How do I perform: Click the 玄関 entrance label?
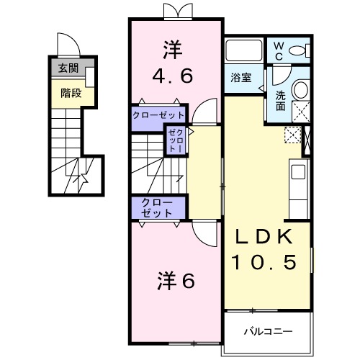pyautogui.click(x=68, y=70)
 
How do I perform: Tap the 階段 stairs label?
pyautogui.click(x=71, y=92)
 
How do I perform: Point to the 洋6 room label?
pyautogui.click(x=176, y=282)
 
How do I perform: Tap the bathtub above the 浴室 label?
pyautogui.click(x=244, y=52)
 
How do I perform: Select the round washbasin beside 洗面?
pyautogui.click(x=301, y=90)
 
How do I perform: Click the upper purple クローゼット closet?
pyautogui.click(x=158, y=115)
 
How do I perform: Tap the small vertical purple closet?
pyautogui.click(x=176, y=139)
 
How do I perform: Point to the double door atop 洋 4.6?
pyautogui.click(x=178, y=12)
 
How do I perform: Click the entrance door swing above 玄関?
pyautogui.click(x=68, y=45)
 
